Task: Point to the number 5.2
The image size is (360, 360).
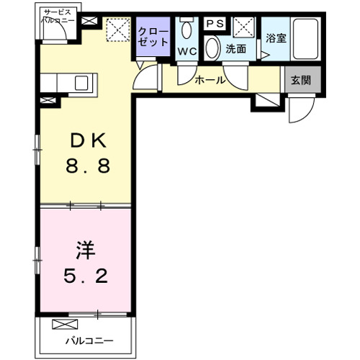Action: [84, 275]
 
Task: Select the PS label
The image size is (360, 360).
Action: [215, 23]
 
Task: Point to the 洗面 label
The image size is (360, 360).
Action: [235, 50]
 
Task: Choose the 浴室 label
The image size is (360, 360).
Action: [276, 37]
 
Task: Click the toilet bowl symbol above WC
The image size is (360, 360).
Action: [188, 30]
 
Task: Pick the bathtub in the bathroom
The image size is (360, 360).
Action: [307, 39]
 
